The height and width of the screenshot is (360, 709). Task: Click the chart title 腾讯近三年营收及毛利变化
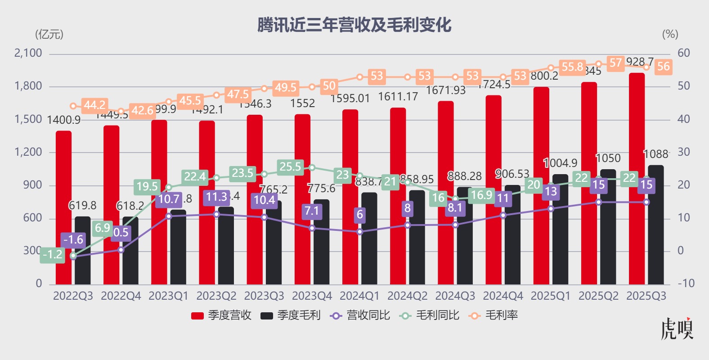(x=354, y=25)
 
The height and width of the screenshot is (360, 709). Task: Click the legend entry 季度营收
(x=221, y=315)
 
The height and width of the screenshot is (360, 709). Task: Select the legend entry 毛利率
(x=494, y=315)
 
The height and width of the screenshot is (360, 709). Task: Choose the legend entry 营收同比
(x=360, y=315)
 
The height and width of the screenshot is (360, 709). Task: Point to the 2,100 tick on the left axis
(x=28, y=53)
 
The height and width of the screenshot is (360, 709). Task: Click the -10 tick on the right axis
(x=686, y=283)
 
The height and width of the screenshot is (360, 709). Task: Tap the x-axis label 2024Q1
(x=359, y=296)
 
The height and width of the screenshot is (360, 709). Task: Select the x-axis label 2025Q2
(x=598, y=296)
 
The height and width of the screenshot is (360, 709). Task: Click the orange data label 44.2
(x=94, y=105)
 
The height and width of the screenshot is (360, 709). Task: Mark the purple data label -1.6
(x=73, y=240)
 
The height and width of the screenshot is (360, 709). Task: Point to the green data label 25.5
(x=290, y=167)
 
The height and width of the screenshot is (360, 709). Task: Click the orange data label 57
(x=615, y=63)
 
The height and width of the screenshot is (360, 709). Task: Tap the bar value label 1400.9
(x=63, y=120)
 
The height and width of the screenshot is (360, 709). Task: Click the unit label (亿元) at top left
(x=49, y=34)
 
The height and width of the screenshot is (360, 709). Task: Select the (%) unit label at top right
(x=670, y=34)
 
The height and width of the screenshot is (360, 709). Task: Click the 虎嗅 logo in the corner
(x=677, y=328)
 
